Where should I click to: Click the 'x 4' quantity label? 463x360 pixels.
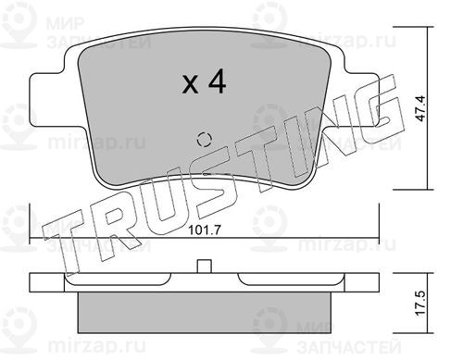pyautogui.click(x=204, y=81)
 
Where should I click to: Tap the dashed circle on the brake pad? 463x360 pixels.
pyautogui.click(x=204, y=140)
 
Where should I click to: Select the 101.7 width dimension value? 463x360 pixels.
pyautogui.click(x=204, y=230)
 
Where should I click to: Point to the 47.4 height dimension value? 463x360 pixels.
pyautogui.click(x=422, y=108)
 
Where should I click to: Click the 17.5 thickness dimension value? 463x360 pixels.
pyautogui.click(x=422, y=303)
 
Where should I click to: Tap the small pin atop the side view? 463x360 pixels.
pyautogui.click(x=204, y=267)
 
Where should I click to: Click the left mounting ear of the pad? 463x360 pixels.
pyautogui.click(x=46, y=99)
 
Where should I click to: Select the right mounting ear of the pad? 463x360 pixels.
pyautogui.click(x=361, y=99)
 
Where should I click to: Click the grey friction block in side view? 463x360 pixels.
pyautogui.click(x=204, y=312)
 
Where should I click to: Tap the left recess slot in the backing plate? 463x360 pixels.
pyautogui.click(x=118, y=279)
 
